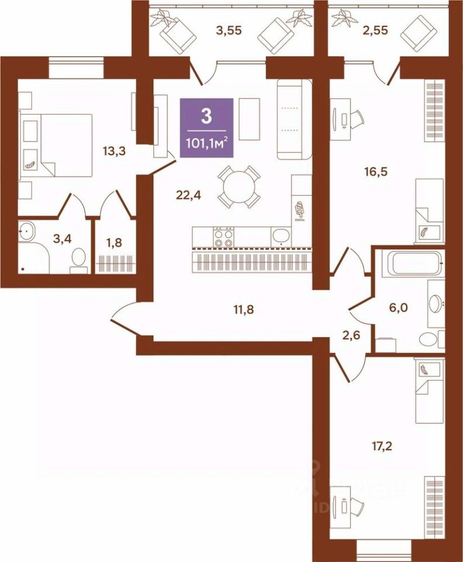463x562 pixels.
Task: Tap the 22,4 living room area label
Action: pyautogui.click(x=188, y=196)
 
